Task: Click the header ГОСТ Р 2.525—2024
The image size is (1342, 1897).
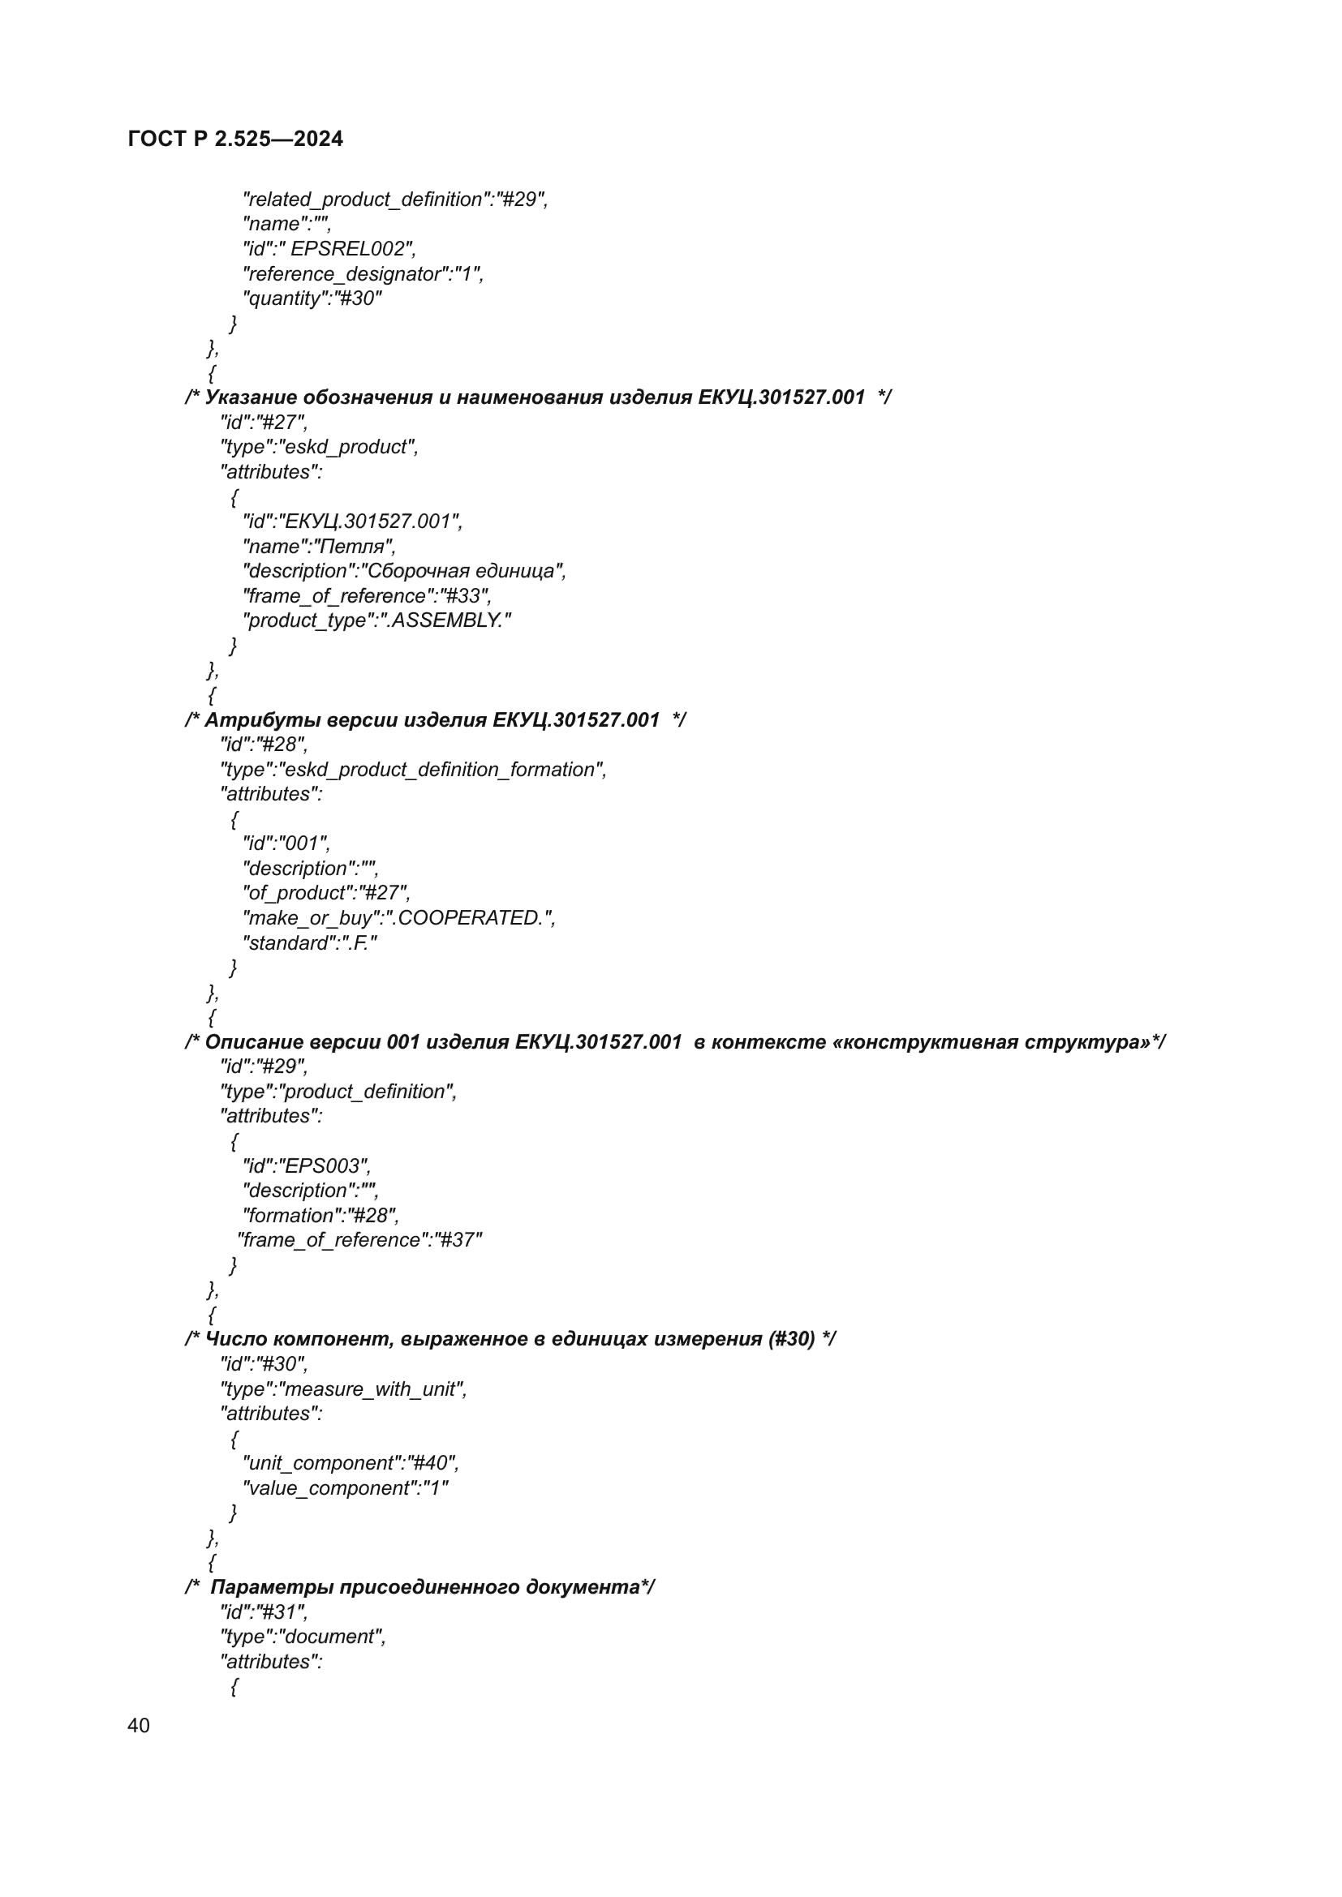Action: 235,139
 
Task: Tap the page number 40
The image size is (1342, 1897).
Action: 139,1725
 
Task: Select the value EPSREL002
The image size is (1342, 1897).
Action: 347,249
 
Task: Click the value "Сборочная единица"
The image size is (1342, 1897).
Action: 462,571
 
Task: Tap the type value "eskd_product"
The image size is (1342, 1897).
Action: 347,447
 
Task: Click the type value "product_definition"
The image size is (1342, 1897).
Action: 366,1092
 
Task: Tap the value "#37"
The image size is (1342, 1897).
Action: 458,1240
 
